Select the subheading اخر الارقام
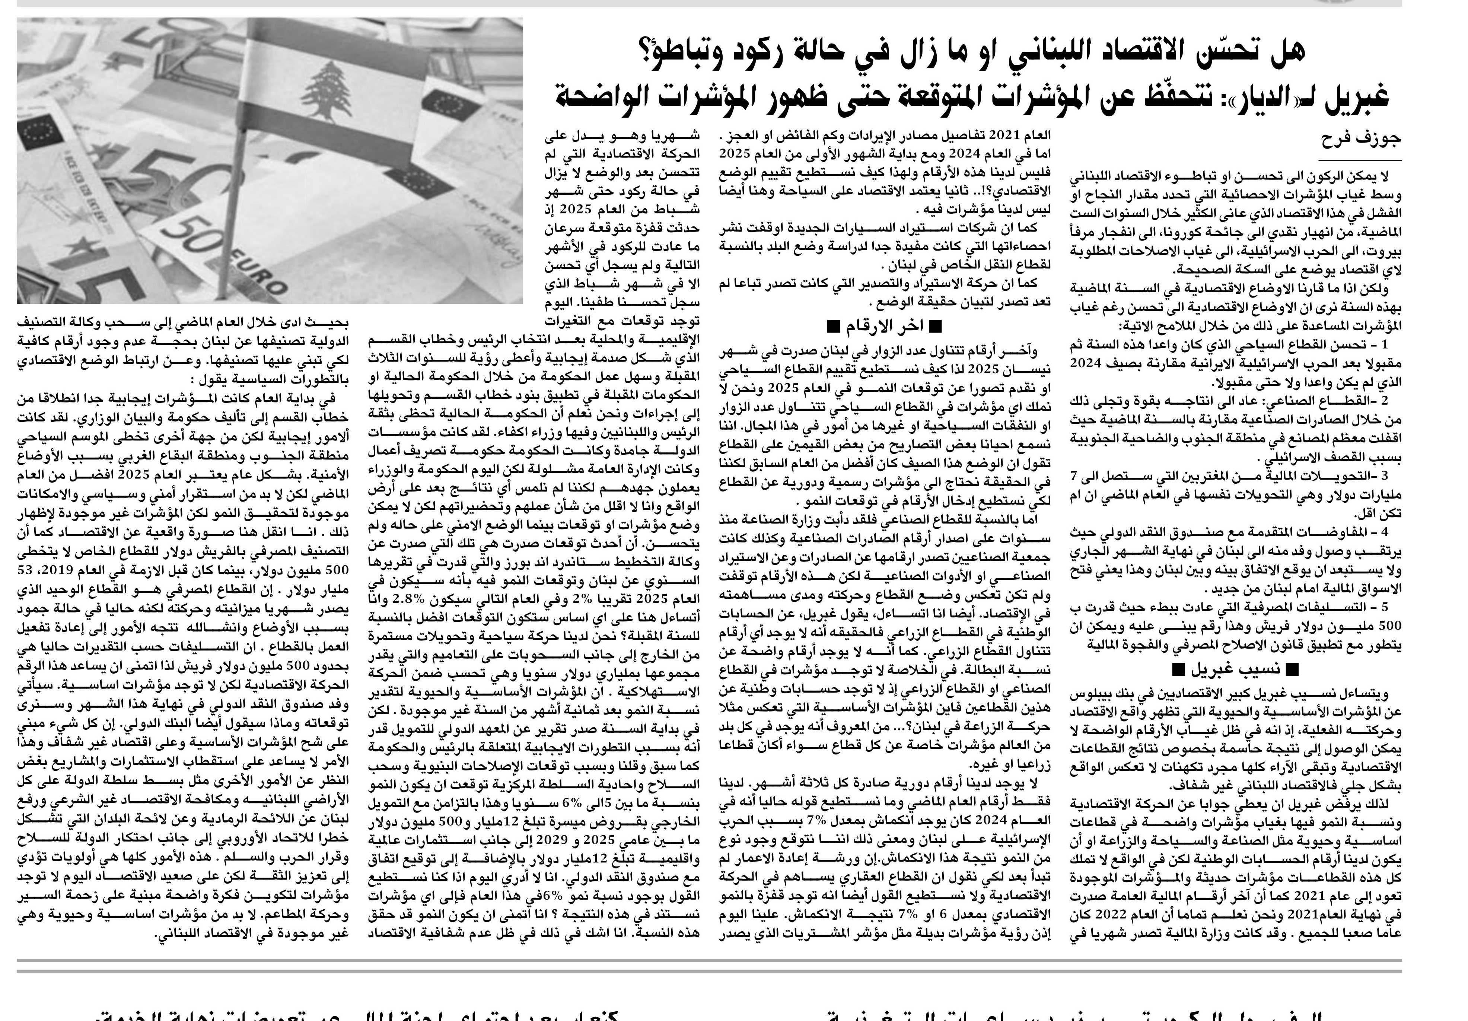(885, 327)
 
